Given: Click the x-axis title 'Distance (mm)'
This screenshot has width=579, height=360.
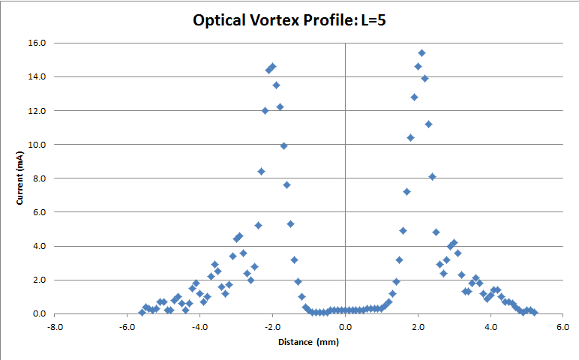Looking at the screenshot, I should tap(308, 342).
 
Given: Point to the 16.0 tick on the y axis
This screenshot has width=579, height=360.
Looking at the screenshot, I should tap(37, 43).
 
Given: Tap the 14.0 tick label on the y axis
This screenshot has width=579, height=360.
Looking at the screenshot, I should tap(37, 76).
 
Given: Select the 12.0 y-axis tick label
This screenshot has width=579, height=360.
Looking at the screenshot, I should tap(37, 110).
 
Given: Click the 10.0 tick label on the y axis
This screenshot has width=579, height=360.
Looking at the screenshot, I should tap(37, 144).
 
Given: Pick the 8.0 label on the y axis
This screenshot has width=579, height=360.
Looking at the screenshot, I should tap(40, 178).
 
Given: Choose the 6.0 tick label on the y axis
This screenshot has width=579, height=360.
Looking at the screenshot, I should tap(40, 212).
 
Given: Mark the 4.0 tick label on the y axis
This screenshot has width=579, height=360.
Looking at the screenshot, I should tap(40, 246).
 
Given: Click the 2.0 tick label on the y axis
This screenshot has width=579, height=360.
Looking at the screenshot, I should tap(40, 280).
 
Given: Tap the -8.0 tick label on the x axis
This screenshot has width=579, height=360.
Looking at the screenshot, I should tap(55, 327).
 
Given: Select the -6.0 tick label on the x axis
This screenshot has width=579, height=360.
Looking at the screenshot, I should tap(127, 327).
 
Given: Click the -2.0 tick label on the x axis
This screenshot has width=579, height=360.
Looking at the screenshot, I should tap(272, 327).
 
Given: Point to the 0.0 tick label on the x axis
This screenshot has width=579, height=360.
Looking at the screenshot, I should tap(345, 327).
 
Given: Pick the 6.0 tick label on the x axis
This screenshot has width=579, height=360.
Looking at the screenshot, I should tap(562, 327).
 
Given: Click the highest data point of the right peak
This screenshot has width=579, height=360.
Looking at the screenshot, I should tap(421, 52).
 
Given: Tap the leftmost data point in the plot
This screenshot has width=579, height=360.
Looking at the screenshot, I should tap(142, 312).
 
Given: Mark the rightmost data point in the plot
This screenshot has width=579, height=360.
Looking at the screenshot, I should tap(534, 312).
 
